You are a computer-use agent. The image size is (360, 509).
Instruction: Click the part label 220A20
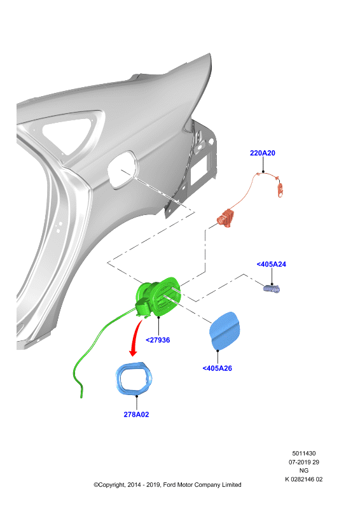coord(262,153)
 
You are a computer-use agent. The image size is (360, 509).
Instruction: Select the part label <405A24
coord(272,264)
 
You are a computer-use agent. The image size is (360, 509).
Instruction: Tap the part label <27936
coord(158,340)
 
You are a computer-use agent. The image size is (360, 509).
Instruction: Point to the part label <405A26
coord(217,368)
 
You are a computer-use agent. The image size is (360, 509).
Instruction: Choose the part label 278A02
coord(136,415)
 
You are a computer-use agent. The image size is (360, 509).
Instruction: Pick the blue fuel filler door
coord(225,330)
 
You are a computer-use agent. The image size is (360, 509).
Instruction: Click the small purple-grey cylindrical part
coord(272,289)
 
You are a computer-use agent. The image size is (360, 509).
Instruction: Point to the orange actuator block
coord(226,218)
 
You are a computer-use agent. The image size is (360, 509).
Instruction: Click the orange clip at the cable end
coord(280,189)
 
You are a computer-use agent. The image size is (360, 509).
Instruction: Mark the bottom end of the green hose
coord(81,396)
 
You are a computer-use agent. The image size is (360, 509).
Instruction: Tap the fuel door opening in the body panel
coord(123,169)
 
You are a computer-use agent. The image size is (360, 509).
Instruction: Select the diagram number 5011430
coord(304,453)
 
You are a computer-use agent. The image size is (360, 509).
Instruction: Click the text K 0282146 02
coord(304,479)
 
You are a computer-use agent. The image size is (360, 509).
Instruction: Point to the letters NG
coord(304,470)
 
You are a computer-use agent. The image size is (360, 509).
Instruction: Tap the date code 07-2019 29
coord(304,462)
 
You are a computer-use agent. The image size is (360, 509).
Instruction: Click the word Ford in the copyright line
coord(169,485)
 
